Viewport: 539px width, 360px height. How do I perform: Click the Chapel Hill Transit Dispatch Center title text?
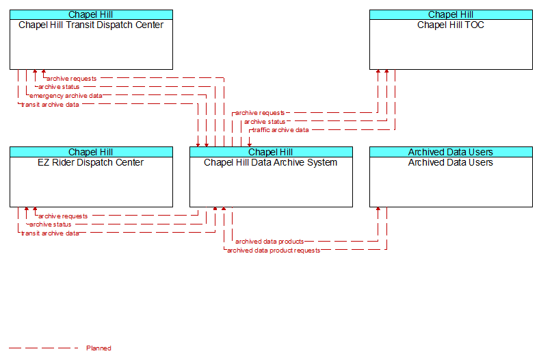pyautogui.click(x=91, y=25)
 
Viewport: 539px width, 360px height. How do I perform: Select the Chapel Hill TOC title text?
pyautogui.click(x=451, y=25)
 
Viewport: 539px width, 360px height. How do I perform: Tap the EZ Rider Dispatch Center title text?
pyautogui.click(x=91, y=163)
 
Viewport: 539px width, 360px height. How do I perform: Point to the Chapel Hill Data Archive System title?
pyautogui.click(x=271, y=163)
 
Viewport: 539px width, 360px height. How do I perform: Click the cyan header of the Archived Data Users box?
pyautogui.click(x=451, y=152)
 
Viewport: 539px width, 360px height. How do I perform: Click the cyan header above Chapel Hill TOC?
pyautogui.click(x=451, y=14)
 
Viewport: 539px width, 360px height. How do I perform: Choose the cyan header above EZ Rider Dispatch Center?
pyautogui.click(x=91, y=152)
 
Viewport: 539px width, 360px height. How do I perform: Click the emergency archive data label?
pyautogui.click(x=66, y=96)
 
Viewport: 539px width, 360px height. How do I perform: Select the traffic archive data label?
pyautogui.click(x=280, y=130)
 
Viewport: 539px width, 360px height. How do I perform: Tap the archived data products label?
pyautogui.click(x=269, y=242)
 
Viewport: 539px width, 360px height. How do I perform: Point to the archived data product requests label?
pyautogui.click(x=274, y=250)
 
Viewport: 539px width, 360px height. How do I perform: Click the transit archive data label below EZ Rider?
pyautogui.click(x=50, y=233)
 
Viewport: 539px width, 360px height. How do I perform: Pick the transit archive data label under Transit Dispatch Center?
pyautogui.click(x=50, y=105)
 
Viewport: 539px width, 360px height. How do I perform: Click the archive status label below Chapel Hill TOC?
pyautogui.click(x=265, y=122)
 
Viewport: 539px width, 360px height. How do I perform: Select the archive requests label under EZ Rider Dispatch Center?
pyautogui.click(x=63, y=216)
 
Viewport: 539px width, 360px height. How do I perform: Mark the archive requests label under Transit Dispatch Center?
pyautogui.click(x=72, y=79)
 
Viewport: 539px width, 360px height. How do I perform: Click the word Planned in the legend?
pyautogui.click(x=98, y=348)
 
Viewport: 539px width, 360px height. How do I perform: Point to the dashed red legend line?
pyautogui.click(x=43, y=348)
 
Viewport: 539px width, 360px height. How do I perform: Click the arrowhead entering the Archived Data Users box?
pyautogui.click(x=378, y=209)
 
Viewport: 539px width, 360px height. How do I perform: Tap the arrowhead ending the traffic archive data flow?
pyautogui.click(x=250, y=145)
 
